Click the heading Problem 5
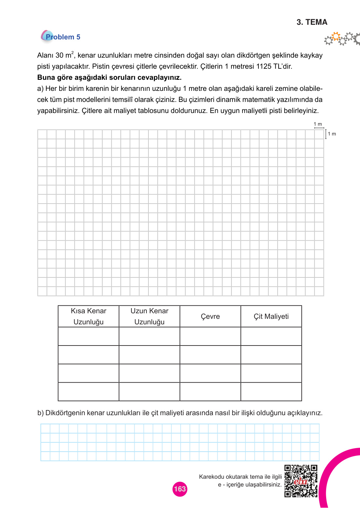point(62,37)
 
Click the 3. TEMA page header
point(312,22)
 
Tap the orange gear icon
point(336,36)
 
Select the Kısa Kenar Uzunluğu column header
point(89,316)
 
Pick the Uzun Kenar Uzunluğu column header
point(149,316)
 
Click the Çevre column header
point(210,316)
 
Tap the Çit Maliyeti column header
point(271,316)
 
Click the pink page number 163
point(180,489)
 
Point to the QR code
point(301,481)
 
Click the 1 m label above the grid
point(318,124)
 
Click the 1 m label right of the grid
point(332,134)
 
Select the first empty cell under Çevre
point(210,336)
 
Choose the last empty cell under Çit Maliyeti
point(271,392)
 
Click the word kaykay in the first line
point(311,55)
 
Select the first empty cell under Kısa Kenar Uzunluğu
point(89,336)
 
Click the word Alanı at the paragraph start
point(45,55)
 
